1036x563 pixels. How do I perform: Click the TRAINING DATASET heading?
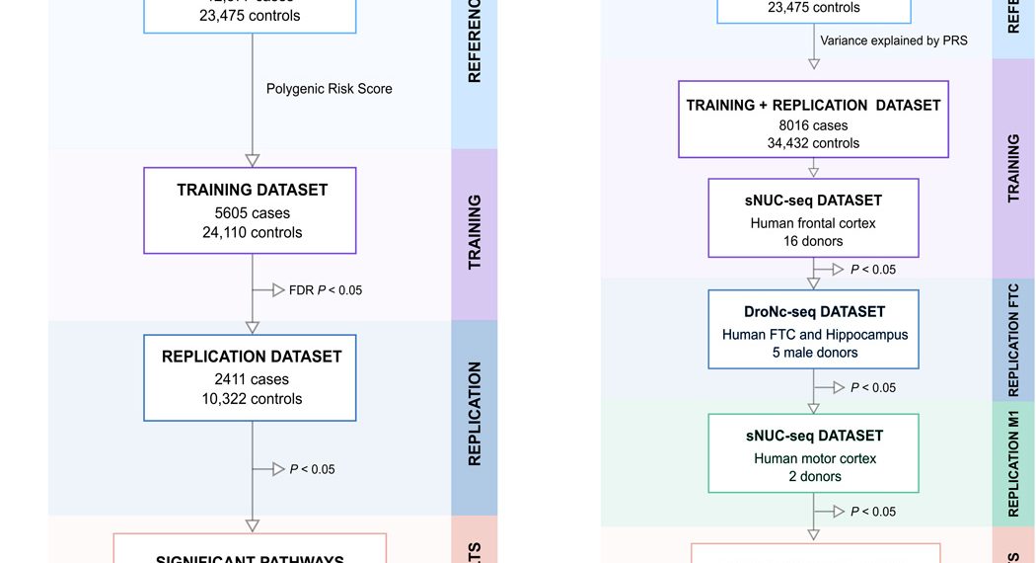(x=252, y=190)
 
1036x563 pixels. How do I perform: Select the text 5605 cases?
(x=252, y=212)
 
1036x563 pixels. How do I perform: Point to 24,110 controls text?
(x=252, y=233)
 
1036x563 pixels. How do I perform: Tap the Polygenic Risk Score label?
(x=329, y=89)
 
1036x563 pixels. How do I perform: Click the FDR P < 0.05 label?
(x=325, y=290)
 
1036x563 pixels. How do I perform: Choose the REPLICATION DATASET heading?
(x=252, y=357)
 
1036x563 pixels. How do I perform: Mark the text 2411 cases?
(x=252, y=378)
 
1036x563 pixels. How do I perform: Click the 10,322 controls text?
(x=252, y=399)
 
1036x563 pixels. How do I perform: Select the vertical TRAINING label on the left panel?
(x=475, y=232)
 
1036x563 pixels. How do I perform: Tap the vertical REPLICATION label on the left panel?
(x=475, y=414)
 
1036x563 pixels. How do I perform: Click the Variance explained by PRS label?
(x=894, y=40)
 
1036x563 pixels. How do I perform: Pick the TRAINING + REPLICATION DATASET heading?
(x=813, y=105)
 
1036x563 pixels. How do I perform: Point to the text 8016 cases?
(x=813, y=125)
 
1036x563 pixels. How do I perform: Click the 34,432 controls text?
(x=813, y=143)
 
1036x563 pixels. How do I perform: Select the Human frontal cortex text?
(x=813, y=223)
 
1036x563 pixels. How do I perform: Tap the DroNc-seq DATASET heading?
(x=814, y=312)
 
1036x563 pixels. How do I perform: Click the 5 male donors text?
(x=814, y=353)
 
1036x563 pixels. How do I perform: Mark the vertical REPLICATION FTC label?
(x=1013, y=340)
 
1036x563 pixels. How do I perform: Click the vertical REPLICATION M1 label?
(x=1013, y=461)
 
